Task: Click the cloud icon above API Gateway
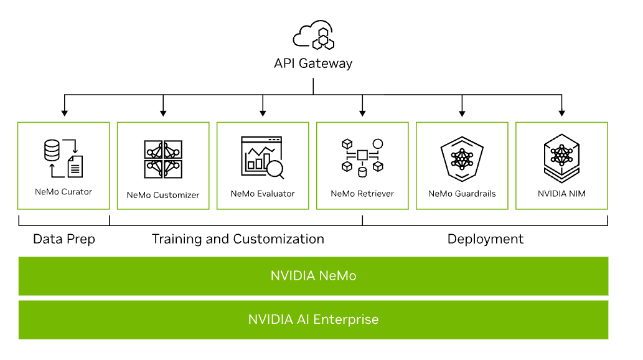(313, 36)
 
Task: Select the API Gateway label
(313, 64)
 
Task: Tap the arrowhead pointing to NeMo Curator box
(63, 113)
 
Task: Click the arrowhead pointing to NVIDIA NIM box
(561, 113)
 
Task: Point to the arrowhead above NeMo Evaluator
(263, 113)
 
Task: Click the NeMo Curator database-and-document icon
(63, 158)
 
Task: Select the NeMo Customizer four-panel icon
(163, 159)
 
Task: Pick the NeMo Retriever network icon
(362, 156)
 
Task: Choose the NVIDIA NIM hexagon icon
(561, 156)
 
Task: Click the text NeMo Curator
(63, 192)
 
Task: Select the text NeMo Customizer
(163, 195)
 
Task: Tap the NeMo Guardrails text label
(462, 194)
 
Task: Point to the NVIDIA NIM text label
(561, 194)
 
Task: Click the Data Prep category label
(63, 239)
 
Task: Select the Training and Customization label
(238, 239)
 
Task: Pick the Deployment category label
(486, 239)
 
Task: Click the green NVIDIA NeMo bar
(313, 276)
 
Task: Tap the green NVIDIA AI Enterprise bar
(313, 320)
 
